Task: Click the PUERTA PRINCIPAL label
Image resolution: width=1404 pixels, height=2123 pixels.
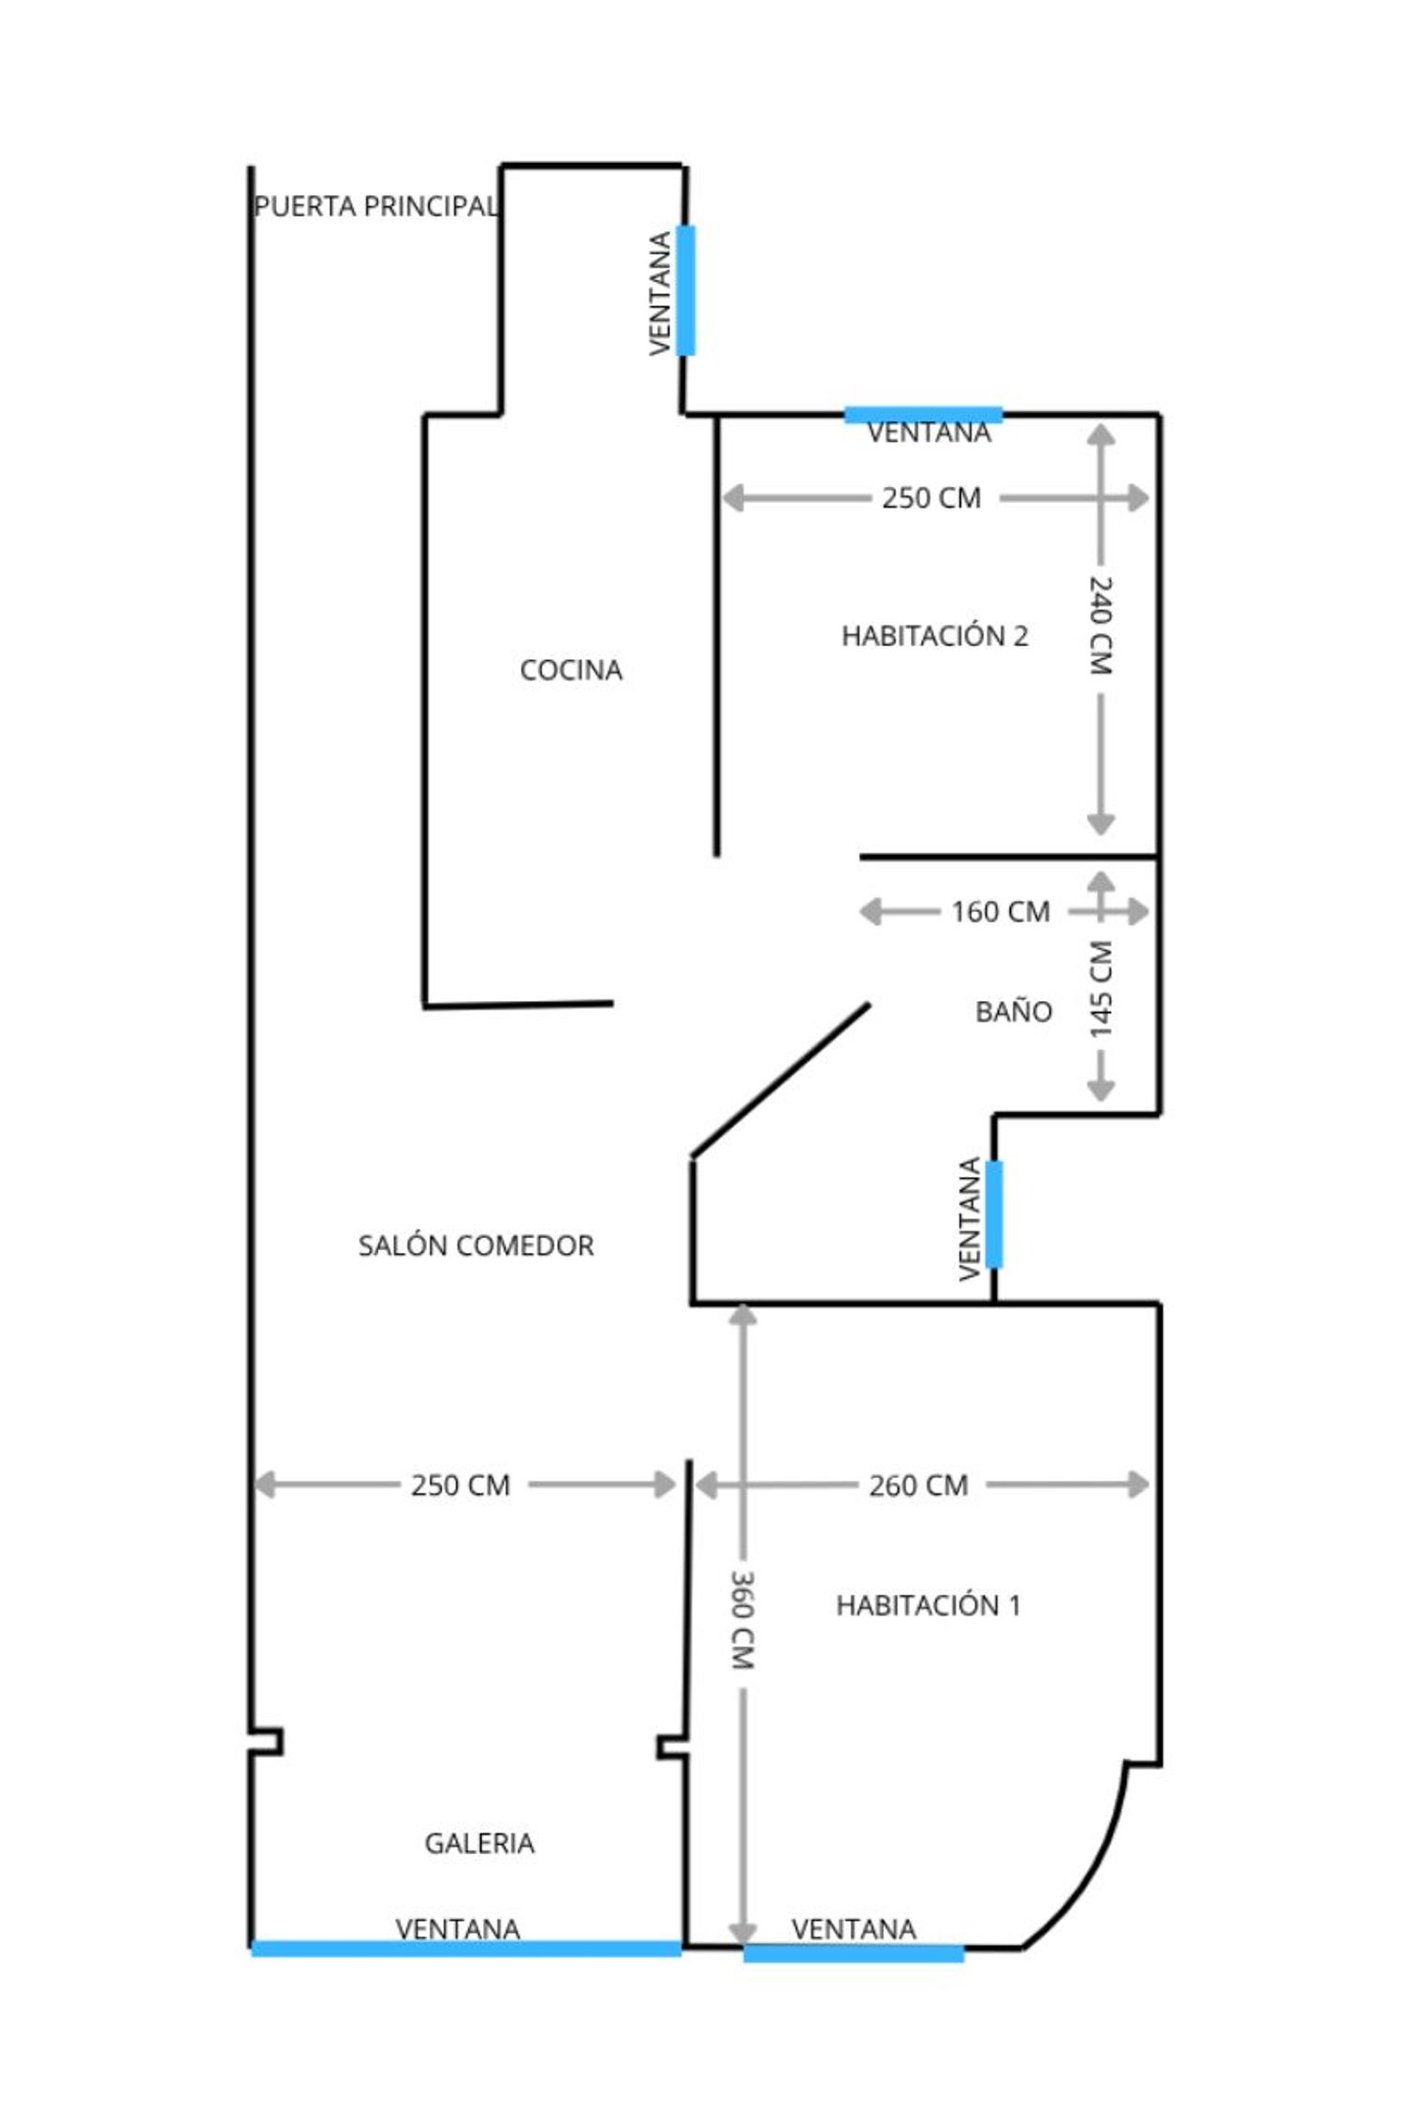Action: point(376,206)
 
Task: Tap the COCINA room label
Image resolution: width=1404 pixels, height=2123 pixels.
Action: point(571,670)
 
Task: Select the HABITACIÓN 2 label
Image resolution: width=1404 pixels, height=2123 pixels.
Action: point(935,636)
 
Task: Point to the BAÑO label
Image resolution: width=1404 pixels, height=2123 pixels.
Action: point(1014,1010)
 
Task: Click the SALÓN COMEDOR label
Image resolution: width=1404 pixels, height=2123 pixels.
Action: point(476,1246)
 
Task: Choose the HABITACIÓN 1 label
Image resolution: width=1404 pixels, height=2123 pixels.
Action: point(929,1605)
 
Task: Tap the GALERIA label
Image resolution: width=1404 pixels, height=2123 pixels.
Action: point(479,1843)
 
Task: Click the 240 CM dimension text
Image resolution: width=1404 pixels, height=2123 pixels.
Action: point(1101,626)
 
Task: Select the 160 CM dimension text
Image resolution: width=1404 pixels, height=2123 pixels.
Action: point(1001,911)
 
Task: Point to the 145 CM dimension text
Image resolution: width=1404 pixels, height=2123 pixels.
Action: point(1101,989)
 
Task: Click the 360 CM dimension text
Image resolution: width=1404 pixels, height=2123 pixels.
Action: point(742,1620)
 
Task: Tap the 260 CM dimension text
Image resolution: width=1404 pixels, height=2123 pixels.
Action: point(918,1485)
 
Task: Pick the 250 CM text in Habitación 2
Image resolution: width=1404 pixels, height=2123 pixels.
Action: point(931,498)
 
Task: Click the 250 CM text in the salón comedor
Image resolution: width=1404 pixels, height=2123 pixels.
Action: point(461,1485)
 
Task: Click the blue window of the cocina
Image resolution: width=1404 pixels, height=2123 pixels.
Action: point(686,290)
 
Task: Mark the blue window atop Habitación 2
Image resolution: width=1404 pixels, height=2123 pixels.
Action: point(923,415)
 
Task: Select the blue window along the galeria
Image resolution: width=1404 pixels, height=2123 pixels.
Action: point(466,1949)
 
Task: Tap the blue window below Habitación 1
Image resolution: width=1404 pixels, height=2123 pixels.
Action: point(854,1953)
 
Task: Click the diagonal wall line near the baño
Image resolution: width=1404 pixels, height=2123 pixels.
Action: point(781,1080)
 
